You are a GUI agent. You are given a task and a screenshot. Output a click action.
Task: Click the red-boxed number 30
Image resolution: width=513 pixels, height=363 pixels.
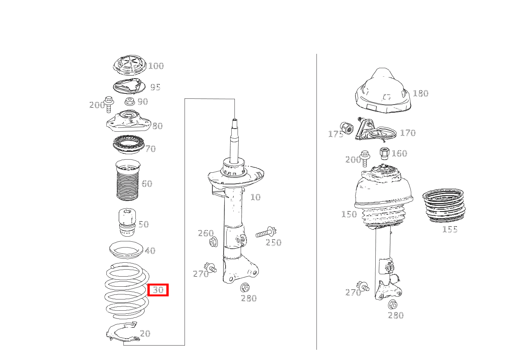coord(158,290)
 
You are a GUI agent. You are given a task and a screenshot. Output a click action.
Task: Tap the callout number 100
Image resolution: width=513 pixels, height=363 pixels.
coord(156,66)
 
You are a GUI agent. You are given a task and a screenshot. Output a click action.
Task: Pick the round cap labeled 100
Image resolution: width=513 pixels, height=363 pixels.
coord(130,65)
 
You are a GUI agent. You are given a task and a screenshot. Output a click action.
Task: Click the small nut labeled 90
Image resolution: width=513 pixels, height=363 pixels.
coord(130,101)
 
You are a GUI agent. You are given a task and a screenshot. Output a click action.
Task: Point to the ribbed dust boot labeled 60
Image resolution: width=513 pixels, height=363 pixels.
coord(128,180)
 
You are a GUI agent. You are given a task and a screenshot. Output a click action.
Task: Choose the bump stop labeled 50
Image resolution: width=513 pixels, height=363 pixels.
coord(127,222)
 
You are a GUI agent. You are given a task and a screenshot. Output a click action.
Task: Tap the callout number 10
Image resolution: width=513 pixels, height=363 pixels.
coord(255,197)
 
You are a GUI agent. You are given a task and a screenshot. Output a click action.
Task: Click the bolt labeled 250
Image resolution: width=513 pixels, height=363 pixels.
coord(266,233)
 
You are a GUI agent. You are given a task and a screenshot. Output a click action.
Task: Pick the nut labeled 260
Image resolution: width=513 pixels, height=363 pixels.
coord(214,243)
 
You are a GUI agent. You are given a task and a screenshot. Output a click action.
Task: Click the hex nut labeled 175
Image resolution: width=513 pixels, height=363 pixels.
coord(347,128)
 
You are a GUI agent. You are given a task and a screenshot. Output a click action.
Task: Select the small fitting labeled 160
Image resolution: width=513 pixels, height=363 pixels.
coord(384,153)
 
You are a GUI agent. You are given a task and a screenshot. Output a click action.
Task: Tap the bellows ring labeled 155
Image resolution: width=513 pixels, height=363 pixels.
coord(444,206)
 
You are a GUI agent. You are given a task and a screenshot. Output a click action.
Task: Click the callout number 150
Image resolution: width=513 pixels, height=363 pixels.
coord(349,214)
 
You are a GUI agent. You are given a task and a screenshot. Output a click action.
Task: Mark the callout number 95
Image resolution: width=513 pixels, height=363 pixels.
coord(155,87)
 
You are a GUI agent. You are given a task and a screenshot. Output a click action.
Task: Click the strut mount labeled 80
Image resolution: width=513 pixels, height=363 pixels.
coord(129,121)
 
